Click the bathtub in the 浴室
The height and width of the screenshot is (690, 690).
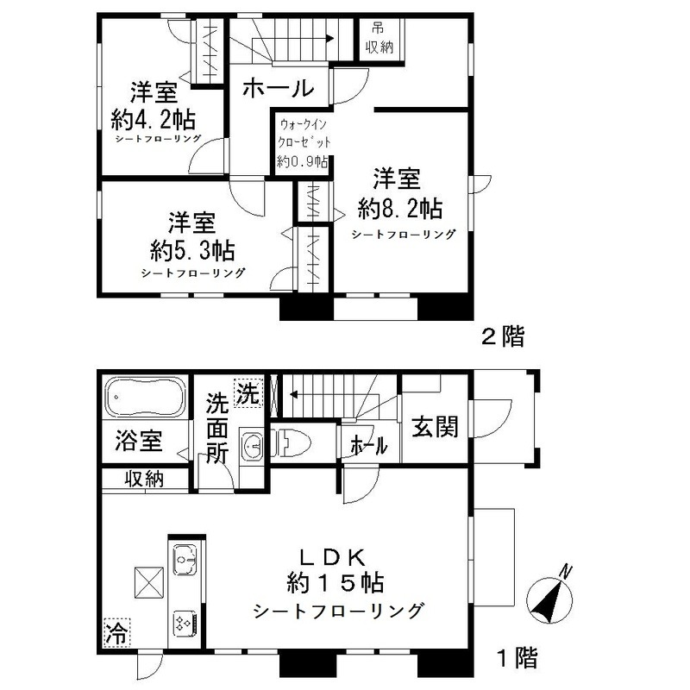[145, 396]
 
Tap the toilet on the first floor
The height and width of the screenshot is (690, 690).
[291, 442]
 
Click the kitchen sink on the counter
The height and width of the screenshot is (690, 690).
[185, 559]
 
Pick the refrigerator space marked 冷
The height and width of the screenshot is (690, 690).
[117, 633]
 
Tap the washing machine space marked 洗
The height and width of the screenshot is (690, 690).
[248, 392]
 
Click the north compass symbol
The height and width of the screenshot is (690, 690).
[550, 596]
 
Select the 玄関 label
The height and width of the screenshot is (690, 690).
[435, 426]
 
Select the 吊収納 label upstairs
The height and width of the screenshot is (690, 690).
[379, 38]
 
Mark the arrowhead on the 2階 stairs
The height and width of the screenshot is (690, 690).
[329, 38]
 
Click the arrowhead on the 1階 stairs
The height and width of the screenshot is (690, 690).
[293, 394]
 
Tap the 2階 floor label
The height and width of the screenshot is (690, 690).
[503, 337]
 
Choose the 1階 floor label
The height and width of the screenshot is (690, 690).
[517, 659]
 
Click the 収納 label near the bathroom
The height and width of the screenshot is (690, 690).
[144, 478]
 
